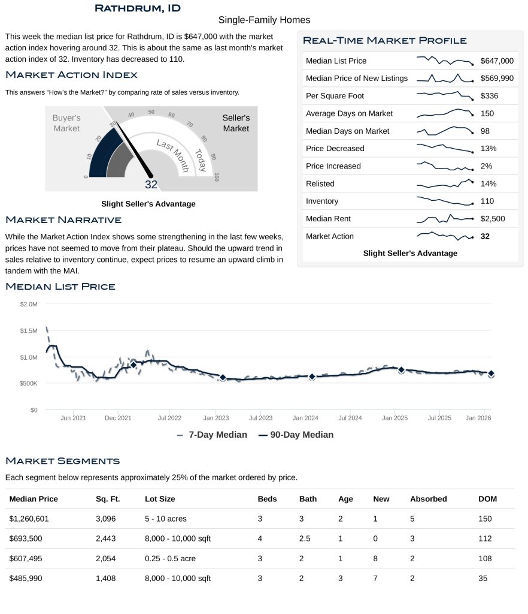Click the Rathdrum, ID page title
coord(138,8)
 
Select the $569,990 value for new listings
coord(496,79)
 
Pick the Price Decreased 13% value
coord(488,149)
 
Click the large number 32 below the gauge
coord(151,185)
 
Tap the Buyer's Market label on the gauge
coord(66,124)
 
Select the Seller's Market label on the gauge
coord(236,124)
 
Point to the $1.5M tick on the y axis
coord(28,331)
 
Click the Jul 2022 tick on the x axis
coord(169,417)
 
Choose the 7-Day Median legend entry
coord(212,435)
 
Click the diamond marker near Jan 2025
coord(401,370)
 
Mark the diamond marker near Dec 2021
coord(133,365)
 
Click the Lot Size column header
coord(160,499)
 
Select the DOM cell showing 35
coord(483,579)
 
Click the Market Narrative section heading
coord(63,220)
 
